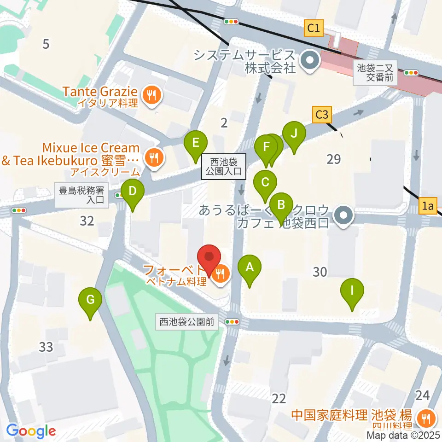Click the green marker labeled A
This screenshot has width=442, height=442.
[x=250, y=268]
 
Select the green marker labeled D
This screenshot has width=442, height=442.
[x=132, y=191]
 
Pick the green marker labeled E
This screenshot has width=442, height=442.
[x=196, y=143]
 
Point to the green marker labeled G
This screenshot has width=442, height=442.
[x=90, y=301]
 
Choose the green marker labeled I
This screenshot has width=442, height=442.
[x=352, y=291]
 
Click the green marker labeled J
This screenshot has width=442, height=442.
[x=294, y=134]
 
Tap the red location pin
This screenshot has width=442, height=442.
[x=209, y=258]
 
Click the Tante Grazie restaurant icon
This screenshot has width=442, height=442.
[x=151, y=96]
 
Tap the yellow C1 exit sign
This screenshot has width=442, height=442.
[x=314, y=29]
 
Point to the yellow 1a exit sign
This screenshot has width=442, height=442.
[x=429, y=207]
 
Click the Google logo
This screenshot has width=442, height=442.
[x=31, y=431]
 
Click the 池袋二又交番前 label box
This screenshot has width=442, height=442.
[x=376, y=73]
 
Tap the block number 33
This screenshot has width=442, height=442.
[x=46, y=347]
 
